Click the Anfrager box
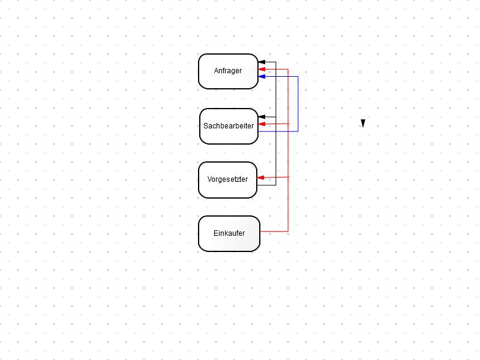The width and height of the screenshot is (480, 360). tap(229, 71)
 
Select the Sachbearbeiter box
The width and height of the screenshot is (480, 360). tap(229, 126)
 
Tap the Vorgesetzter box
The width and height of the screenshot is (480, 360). tap(228, 180)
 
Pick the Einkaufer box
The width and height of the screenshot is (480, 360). tap(229, 233)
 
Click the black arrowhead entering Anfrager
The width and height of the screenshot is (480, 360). tap(262, 62)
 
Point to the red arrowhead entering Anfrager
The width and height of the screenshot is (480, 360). tap(262, 70)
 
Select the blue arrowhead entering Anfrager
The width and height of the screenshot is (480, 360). tap(262, 77)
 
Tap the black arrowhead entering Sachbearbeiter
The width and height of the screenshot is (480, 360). tap(262, 116)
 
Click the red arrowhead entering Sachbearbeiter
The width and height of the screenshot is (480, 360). tap(262, 124)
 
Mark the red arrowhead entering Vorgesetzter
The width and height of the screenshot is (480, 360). tap(260, 178)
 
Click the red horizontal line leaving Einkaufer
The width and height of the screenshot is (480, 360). tap(274, 232)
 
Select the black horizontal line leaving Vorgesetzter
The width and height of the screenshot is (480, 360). tap(266, 185)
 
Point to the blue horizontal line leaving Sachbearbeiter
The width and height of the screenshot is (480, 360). tap(278, 131)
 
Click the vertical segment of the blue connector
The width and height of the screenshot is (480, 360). tap(298, 104)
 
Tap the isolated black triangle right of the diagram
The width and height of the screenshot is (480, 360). tap(363, 123)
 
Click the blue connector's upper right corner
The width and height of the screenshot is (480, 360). tap(298, 77)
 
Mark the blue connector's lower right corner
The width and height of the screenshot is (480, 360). tap(298, 131)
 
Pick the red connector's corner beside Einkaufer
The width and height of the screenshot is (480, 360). tap(288, 232)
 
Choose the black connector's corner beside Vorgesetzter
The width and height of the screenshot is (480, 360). tap(276, 185)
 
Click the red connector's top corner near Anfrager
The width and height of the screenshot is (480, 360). tap(288, 70)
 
